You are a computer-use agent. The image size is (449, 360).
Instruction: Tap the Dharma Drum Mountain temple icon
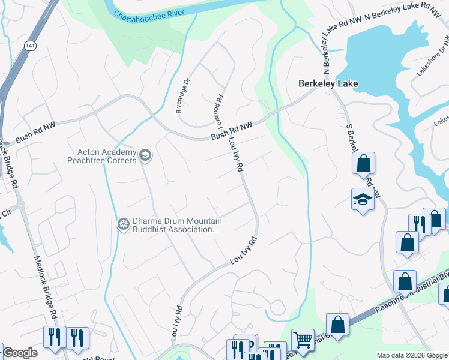click(x=124, y=224)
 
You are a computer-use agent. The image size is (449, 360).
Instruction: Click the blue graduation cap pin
click(x=363, y=199)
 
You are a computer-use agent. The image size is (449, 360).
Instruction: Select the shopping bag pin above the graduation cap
click(x=363, y=163)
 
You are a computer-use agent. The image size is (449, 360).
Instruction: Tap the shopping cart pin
click(x=303, y=340)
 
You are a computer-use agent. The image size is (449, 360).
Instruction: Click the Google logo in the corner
click(x=20, y=353)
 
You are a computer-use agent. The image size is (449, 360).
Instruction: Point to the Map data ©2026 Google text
click(x=412, y=355)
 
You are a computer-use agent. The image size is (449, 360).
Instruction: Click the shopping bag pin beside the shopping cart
click(x=338, y=324)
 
